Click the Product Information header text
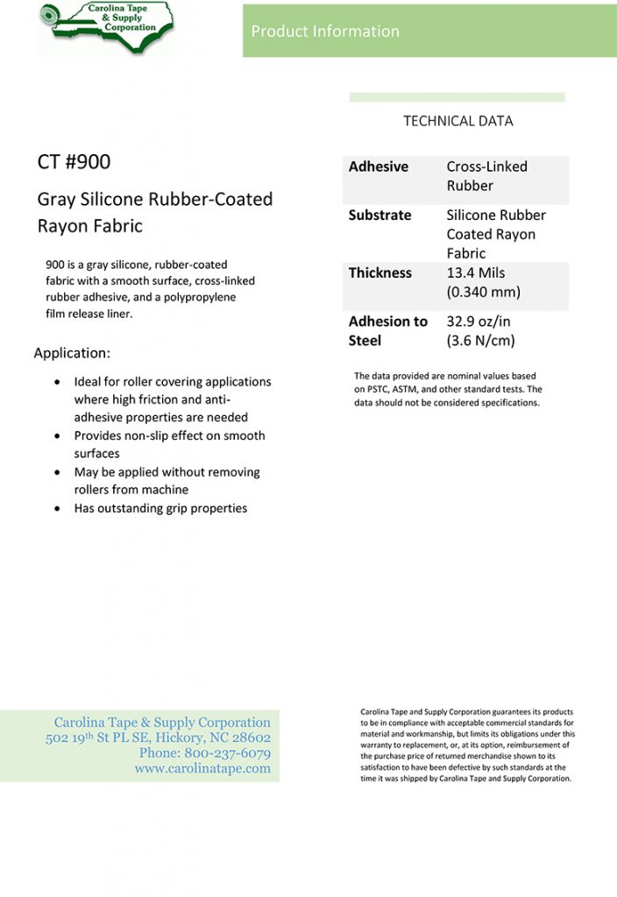coord(325,32)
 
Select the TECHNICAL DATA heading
coord(457,121)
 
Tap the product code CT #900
coord(74,162)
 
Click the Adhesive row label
coord(379,166)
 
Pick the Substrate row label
coord(379,215)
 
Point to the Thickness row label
coord(380,272)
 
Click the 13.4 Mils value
coord(476,272)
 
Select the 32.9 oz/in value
coord(479,321)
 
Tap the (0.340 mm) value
coord(484,292)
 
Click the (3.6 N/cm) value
coord(480,340)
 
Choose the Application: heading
coord(72,353)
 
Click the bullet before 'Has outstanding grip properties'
coord(57,508)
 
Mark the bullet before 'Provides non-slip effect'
coord(57,435)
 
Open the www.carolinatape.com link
coord(202,768)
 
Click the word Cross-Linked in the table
coord(487,166)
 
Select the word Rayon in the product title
coord(61,225)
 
